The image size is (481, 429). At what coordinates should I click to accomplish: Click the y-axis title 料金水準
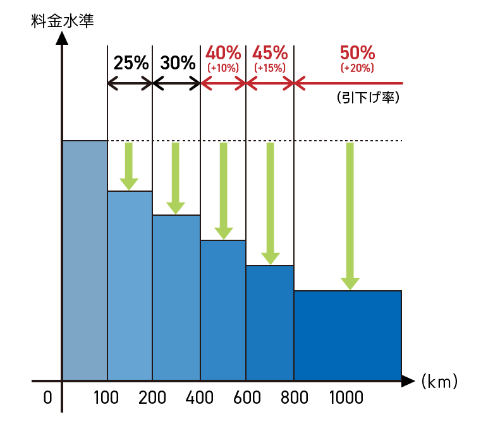click(62, 20)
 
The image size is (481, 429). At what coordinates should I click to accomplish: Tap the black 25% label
click(131, 63)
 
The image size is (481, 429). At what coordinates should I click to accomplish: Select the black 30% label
click(178, 63)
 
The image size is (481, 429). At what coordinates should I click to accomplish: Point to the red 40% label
click(223, 52)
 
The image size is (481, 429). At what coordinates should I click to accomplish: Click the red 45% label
click(270, 52)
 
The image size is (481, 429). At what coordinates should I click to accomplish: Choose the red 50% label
click(357, 52)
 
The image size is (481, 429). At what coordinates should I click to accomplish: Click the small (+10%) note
click(223, 68)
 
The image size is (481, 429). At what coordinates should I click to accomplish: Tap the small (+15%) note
click(270, 68)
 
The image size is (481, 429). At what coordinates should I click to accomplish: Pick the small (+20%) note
click(357, 68)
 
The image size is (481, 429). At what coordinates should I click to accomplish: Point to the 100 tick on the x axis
click(107, 398)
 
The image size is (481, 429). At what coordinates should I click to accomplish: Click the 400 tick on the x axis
click(200, 398)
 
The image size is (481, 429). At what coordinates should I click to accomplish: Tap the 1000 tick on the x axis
click(346, 398)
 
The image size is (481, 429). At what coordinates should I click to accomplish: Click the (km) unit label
click(439, 382)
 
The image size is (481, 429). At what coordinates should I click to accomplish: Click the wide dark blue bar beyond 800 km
click(348, 335)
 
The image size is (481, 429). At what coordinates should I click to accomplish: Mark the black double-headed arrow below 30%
click(176, 83)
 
